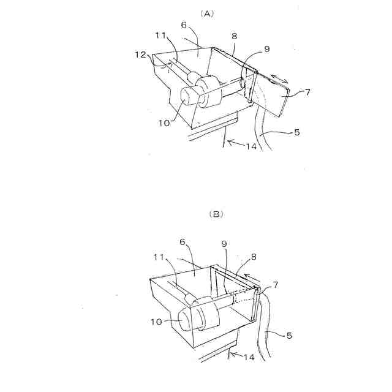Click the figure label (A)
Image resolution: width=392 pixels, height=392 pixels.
click(x=208, y=13)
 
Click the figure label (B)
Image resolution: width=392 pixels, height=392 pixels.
click(x=216, y=214)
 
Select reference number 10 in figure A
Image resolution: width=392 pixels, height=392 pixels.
click(x=164, y=124)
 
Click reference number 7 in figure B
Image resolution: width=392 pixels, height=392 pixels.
click(x=276, y=284)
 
